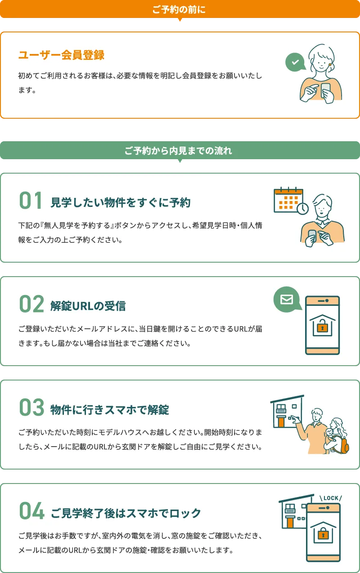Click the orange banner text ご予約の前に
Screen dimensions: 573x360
[179, 9]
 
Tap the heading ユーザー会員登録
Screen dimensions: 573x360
[61, 55]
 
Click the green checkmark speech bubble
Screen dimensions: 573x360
[295, 63]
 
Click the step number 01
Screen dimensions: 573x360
[31, 201]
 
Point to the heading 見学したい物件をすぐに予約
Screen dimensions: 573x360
[120, 203]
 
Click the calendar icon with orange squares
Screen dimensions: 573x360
[288, 199]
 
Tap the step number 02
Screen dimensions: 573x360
[31, 304]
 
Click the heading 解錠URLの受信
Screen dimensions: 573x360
[88, 306]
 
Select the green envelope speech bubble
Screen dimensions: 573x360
[287, 299]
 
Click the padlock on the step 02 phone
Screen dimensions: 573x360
[322, 327]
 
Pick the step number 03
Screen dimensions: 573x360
[31, 408]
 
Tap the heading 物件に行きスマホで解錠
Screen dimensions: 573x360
[110, 410]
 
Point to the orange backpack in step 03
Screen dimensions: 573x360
[345, 445]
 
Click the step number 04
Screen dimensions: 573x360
[31, 511]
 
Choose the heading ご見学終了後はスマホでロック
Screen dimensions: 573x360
[126, 513]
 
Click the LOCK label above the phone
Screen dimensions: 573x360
[330, 498]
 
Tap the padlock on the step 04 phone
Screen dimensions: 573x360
[322, 534]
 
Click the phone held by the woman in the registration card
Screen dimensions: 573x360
[325, 89]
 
